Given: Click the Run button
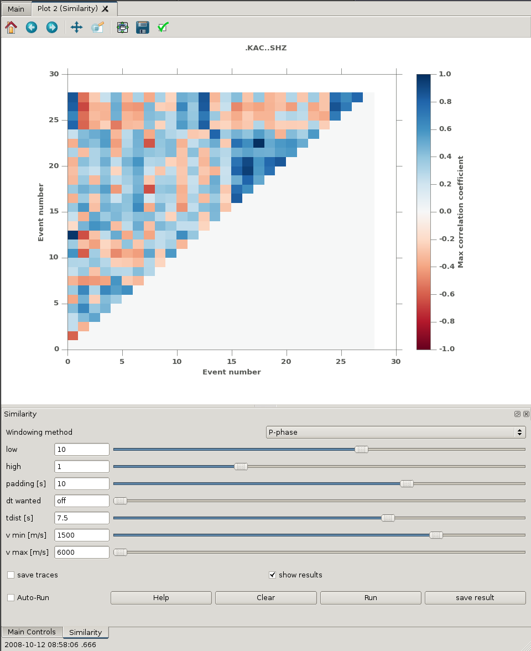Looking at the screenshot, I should [x=371, y=597].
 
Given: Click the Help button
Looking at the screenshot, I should [x=161, y=597].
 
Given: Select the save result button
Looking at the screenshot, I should [x=475, y=597].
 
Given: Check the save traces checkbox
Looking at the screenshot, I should [x=11, y=575].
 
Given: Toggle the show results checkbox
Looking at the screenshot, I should [x=272, y=575].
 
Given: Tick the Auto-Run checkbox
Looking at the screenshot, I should [x=11, y=597].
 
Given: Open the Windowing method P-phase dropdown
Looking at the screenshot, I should [x=395, y=432].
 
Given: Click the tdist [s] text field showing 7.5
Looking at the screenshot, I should [x=82, y=518].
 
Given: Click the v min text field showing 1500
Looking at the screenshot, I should [x=82, y=535].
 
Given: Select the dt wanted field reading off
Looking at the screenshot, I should [x=82, y=501].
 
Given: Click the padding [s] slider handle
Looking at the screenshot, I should [x=407, y=483].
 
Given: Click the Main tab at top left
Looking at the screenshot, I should [x=15, y=9].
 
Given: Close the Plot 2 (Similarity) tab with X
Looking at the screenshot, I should [x=106, y=9].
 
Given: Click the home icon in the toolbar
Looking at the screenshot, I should [x=11, y=27].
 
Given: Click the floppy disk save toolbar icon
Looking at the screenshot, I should [x=143, y=27].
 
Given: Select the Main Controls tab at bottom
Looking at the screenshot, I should [x=32, y=632].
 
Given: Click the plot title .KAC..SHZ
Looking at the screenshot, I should [x=265, y=48].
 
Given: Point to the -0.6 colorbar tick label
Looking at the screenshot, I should [x=444, y=294].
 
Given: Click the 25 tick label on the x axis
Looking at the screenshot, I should [x=342, y=361].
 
